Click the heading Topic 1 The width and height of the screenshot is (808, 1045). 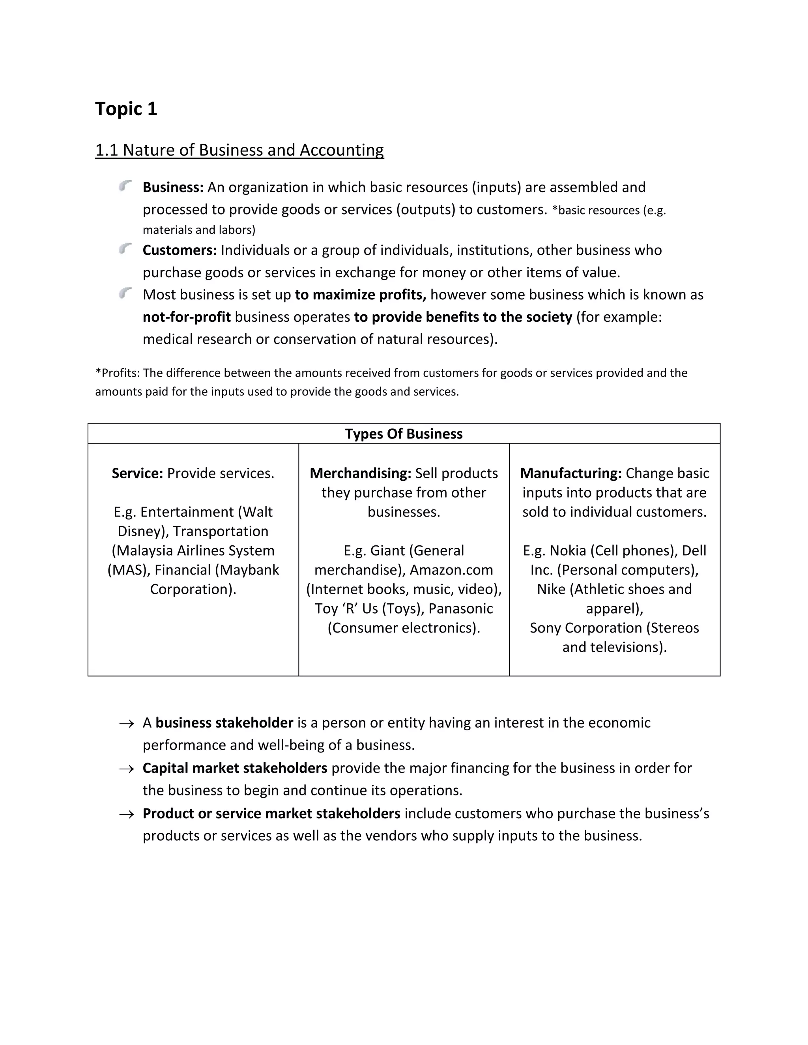pos(126,109)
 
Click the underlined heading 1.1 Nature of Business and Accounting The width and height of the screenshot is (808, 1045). pos(239,150)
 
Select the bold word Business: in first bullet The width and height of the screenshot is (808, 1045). pos(173,187)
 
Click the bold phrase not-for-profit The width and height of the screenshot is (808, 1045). pos(187,317)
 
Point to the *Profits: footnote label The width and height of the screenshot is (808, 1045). pos(117,373)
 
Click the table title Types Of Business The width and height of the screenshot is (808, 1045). pos(404,434)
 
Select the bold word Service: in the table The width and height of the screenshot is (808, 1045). pos(137,473)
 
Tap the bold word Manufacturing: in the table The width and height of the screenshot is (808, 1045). pos(570,473)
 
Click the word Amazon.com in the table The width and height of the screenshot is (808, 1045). pos(451,570)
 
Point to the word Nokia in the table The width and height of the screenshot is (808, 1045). pos(568,551)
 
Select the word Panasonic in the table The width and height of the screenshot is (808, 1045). pos(460,608)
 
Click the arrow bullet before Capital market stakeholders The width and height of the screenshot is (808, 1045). pos(126,769)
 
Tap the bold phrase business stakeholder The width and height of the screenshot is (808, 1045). pos(224,723)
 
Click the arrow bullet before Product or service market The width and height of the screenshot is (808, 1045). pos(126,814)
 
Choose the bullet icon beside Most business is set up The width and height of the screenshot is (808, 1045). pos(125,293)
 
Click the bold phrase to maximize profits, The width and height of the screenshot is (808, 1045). pos(360,295)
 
